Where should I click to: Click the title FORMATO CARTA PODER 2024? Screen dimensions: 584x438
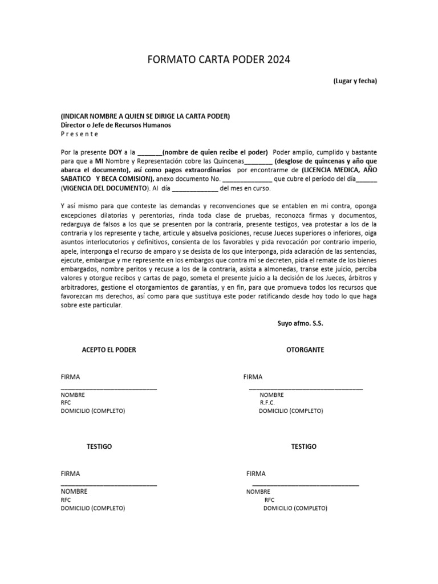point(219,60)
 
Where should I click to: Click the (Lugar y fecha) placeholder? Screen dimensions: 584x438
point(355,82)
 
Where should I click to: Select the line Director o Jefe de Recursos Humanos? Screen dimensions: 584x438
point(116,125)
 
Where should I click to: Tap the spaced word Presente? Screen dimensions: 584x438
point(80,134)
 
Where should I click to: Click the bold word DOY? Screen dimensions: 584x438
point(116,152)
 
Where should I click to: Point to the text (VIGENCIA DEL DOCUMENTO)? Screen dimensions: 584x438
point(106,188)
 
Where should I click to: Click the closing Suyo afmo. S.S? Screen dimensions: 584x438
point(301,323)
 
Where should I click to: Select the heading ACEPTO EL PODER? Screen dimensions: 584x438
point(109,350)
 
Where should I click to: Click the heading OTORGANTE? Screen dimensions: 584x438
point(305,350)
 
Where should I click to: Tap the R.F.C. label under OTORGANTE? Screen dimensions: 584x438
point(267,403)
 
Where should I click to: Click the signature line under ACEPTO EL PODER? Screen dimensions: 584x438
point(109,388)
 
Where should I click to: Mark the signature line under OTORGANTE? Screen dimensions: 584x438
point(306,388)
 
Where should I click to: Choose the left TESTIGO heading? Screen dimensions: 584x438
point(99,447)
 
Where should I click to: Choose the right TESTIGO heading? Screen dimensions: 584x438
point(303,447)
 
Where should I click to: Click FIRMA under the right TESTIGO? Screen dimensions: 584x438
point(256,473)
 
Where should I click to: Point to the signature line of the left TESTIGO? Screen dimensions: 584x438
point(109,485)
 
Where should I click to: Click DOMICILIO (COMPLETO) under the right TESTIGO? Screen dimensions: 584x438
point(295,508)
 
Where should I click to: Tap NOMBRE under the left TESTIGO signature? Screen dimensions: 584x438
point(75,491)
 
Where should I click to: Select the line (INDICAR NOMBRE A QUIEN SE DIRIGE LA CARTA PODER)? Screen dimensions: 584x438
point(145,116)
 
